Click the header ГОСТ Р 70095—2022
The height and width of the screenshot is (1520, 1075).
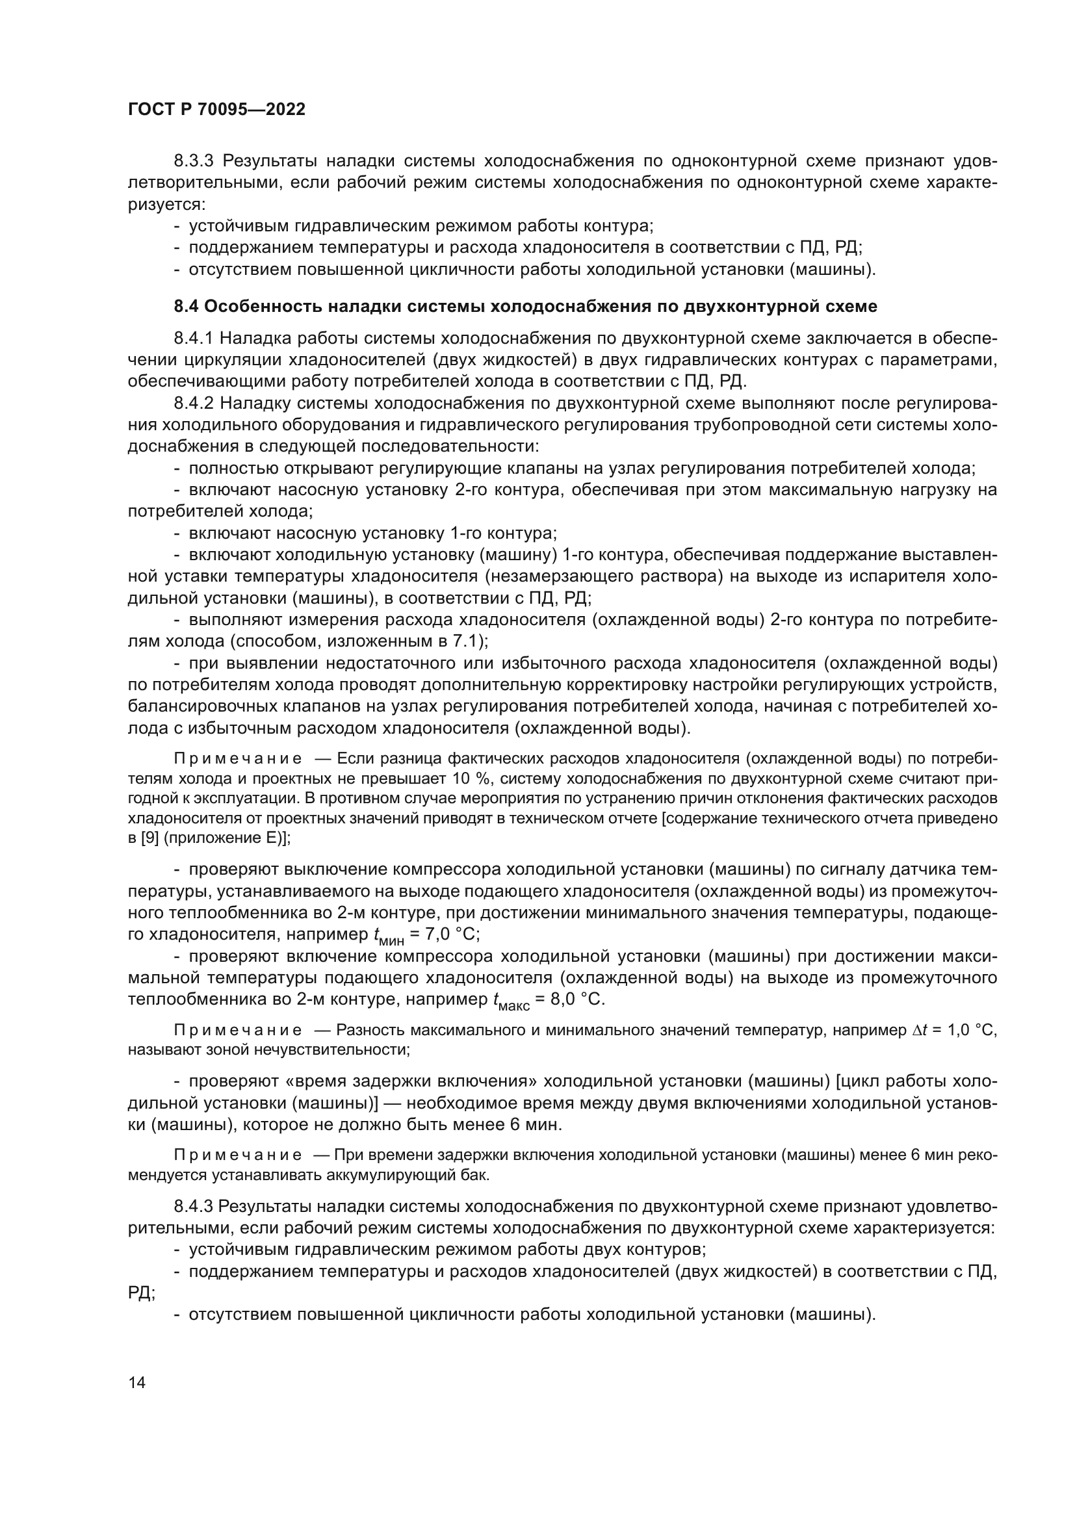click(216, 110)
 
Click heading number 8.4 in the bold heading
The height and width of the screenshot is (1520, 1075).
click(186, 307)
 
